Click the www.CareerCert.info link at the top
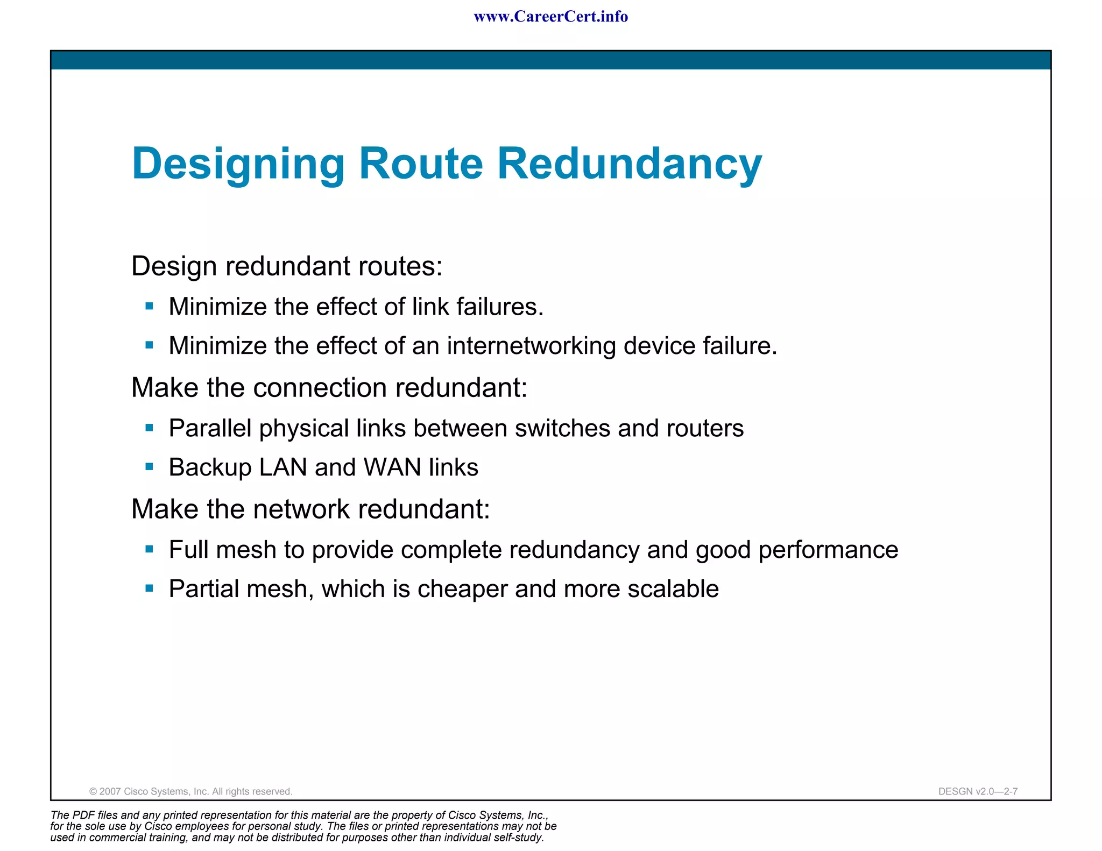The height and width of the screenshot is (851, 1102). point(550,17)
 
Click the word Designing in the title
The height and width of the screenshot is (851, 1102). point(238,164)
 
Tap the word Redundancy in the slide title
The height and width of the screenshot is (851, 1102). point(629,164)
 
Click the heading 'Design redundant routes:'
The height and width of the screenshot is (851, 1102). point(287,266)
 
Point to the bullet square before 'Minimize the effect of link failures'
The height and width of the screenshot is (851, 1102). point(150,307)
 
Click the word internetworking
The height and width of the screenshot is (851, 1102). point(531,346)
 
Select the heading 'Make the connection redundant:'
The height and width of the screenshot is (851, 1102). point(329,388)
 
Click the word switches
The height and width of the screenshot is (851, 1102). point(562,429)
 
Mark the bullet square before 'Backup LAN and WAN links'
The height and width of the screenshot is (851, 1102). point(150,467)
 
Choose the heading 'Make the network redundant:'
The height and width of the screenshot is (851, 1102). point(310,509)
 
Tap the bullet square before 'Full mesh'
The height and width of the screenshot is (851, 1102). point(150,549)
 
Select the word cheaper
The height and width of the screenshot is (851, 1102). point(462,589)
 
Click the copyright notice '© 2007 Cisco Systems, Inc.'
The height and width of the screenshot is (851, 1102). point(190,791)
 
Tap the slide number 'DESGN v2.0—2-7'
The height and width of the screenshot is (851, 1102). point(978,791)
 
